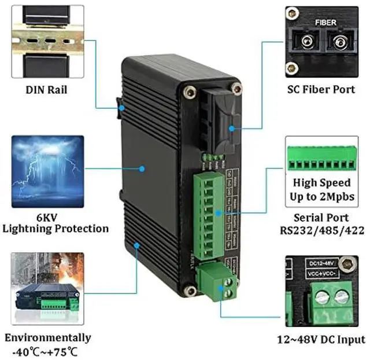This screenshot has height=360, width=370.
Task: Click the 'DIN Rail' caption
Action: pyautogui.click(x=46, y=90)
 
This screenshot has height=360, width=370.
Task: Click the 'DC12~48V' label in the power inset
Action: pyautogui.click(x=317, y=262)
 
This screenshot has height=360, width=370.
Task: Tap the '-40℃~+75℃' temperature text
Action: pyautogui.click(x=46, y=352)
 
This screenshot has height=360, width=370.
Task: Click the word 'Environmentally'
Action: pyautogui.click(x=47, y=338)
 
